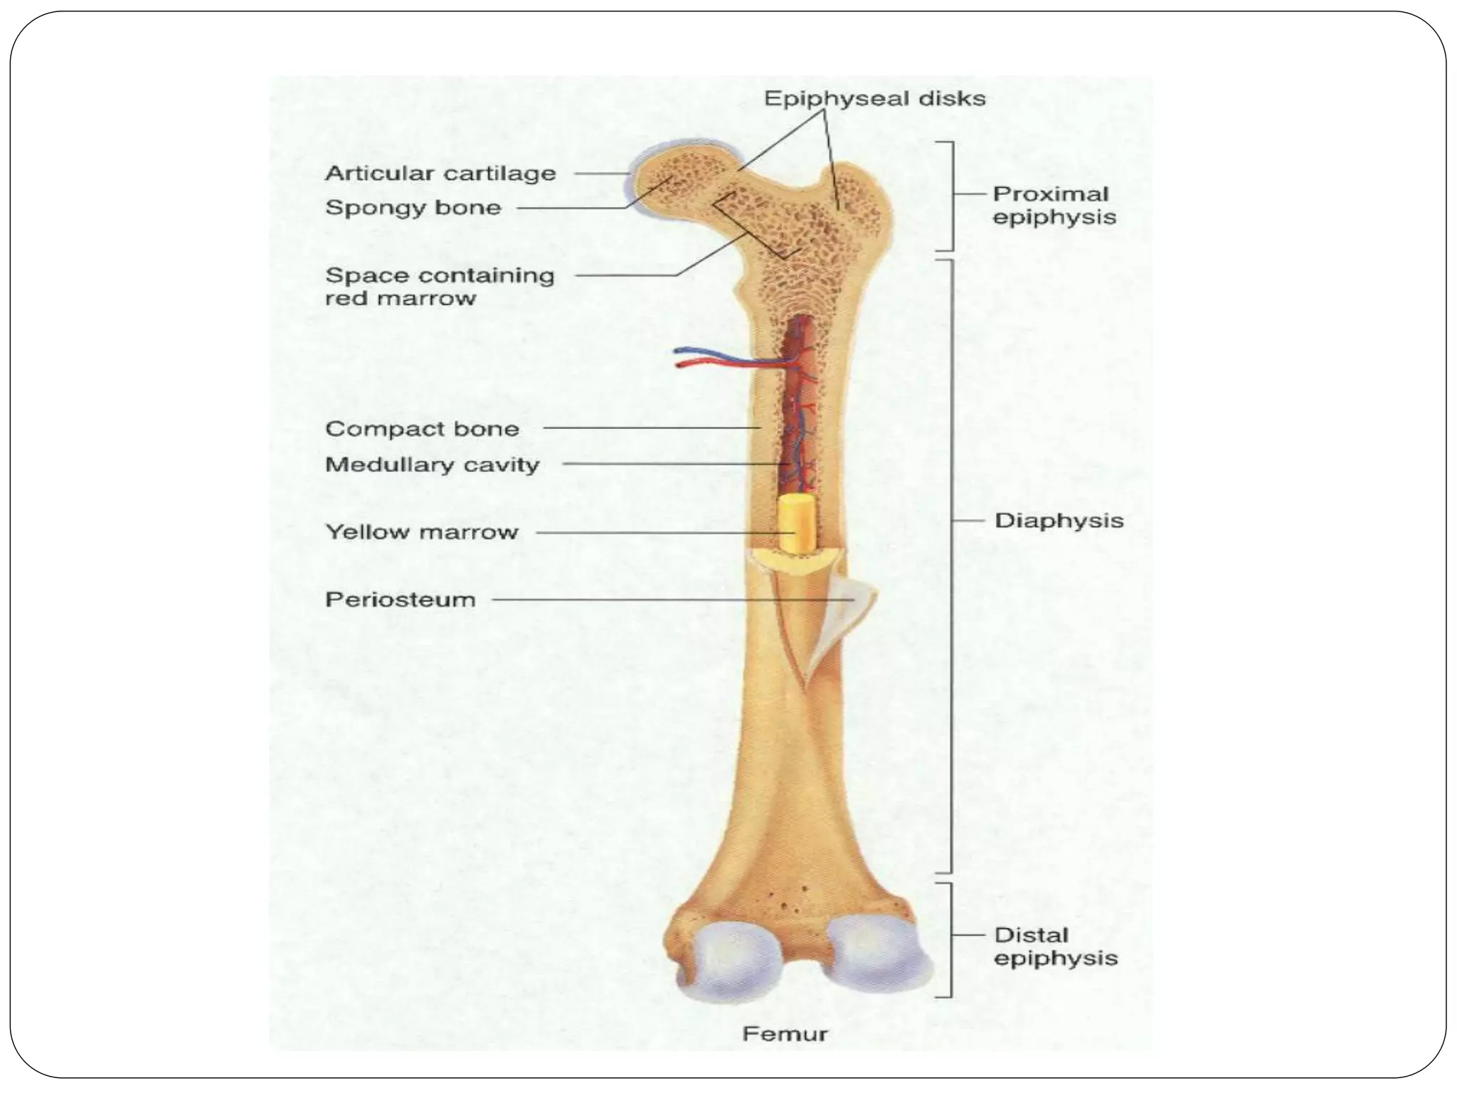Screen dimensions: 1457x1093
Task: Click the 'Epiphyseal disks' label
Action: (x=874, y=98)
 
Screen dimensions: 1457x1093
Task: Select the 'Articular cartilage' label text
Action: (x=440, y=174)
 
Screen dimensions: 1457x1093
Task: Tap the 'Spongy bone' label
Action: (x=413, y=208)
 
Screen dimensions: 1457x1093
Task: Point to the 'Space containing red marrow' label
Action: (x=439, y=286)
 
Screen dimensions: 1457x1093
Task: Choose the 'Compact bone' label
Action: (x=422, y=429)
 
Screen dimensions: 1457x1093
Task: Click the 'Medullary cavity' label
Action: (x=432, y=465)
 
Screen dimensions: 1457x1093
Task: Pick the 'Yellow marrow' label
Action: (x=421, y=532)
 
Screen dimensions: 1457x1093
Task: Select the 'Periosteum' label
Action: (x=400, y=600)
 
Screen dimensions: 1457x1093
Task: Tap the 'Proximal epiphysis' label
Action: (x=1054, y=205)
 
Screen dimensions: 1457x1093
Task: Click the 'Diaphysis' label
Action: (x=1059, y=521)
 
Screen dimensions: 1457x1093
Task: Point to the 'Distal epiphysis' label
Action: (x=1055, y=946)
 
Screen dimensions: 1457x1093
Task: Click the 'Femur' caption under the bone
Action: (x=785, y=1033)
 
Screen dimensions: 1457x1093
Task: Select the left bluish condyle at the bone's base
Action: (x=733, y=961)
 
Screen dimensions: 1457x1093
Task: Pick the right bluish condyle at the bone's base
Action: (x=875, y=957)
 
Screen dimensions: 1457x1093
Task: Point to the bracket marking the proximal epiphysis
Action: (x=950, y=196)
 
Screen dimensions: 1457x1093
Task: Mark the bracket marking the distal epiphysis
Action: (x=950, y=939)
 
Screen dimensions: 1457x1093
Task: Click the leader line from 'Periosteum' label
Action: (x=669, y=600)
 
